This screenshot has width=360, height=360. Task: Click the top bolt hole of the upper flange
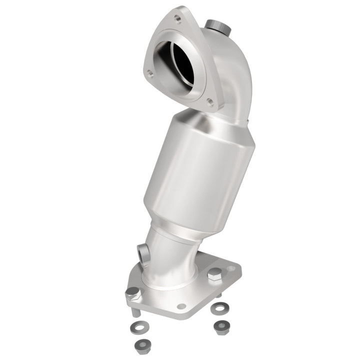[x=176, y=19]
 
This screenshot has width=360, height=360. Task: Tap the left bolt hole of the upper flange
[x=148, y=73]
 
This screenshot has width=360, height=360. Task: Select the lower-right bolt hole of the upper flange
[x=210, y=103]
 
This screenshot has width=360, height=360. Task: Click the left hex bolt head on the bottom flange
[x=132, y=292]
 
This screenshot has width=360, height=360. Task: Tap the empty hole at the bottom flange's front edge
[x=181, y=306]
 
